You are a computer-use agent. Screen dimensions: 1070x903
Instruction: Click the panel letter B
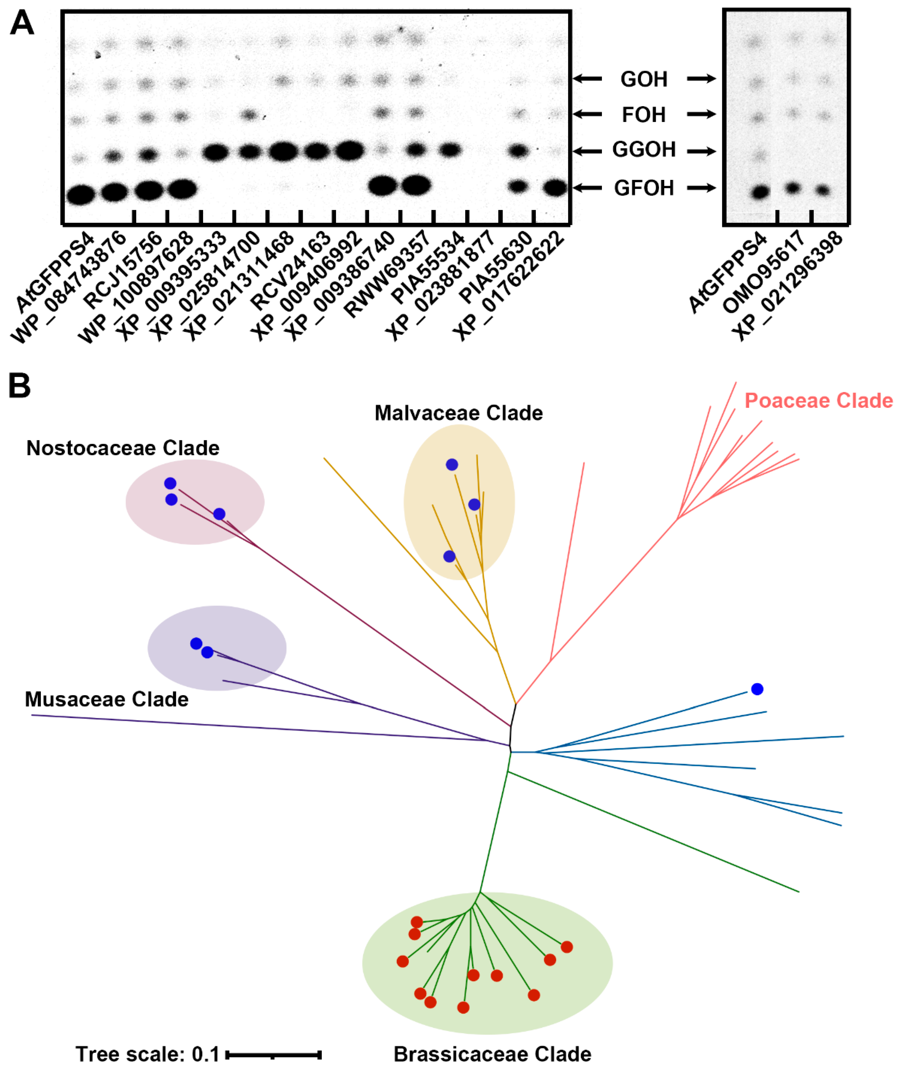click(19, 386)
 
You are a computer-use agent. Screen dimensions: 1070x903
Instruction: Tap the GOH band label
click(644, 79)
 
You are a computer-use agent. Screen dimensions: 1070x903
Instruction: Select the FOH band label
click(644, 115)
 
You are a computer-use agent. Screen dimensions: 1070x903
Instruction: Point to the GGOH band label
click(644, 150)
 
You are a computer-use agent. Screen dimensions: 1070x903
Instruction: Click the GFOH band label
click(644, 188)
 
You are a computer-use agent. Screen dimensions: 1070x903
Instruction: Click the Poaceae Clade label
click(818, 400)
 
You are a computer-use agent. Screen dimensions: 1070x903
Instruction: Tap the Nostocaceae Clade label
click(123, 448)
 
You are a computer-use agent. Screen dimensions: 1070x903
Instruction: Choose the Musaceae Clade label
click(107, 699)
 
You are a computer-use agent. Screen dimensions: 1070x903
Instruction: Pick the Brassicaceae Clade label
click(492, 1054)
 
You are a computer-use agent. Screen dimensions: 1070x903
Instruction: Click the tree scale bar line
click(273, 1055)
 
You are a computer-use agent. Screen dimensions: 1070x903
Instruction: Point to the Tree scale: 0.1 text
click(147, 1054)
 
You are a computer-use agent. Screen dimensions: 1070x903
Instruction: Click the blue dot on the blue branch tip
click(757, 689)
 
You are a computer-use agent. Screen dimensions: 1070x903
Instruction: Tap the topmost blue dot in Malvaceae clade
click(451, 464)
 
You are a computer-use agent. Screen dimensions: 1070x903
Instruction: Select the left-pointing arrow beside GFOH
click(587, 188)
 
